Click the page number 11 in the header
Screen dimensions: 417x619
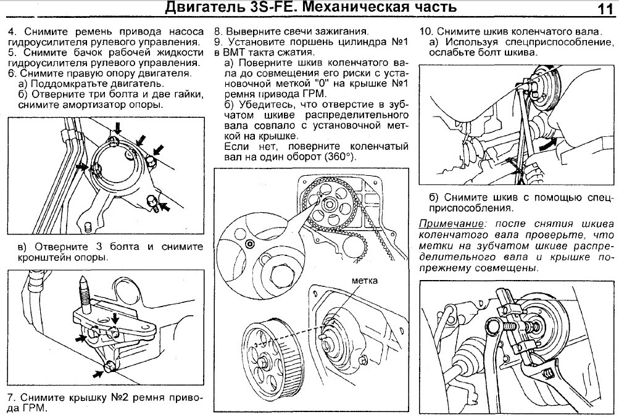[x=604, y=9]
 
